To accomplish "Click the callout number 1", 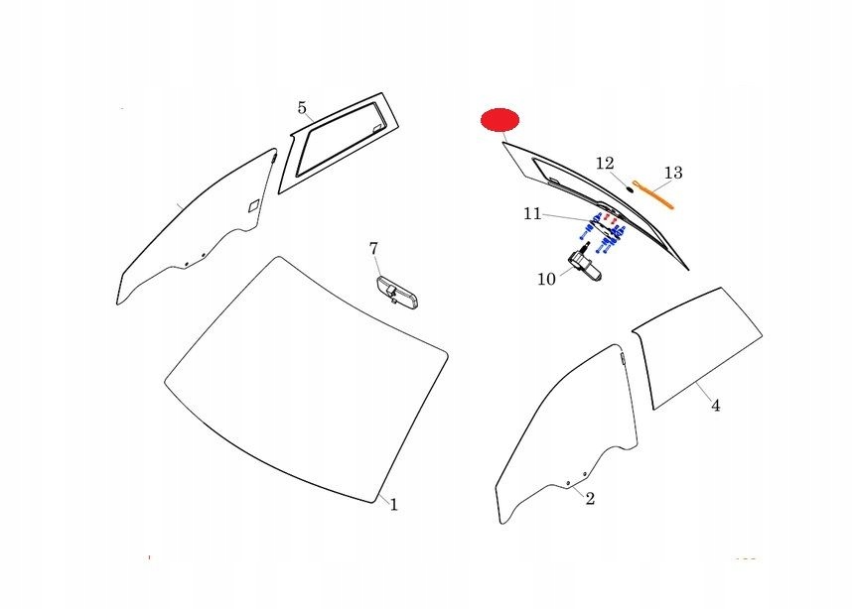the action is [x=394, y=505].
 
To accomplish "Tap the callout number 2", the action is [x=590, y=498].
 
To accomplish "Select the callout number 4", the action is [x=716, y=406].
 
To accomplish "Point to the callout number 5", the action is [x=302, y=107].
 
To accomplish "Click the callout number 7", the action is [x=373, y=248].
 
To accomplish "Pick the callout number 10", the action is [x=547, y=280].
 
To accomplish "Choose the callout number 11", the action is [x=532, y=214].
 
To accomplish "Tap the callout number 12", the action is [x=605, y=163].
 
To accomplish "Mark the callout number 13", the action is [x=673, y=173].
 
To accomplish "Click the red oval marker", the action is [x=499, y=120].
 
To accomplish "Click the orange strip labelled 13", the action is [x=653, y=194].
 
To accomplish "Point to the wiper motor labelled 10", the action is [x=585, y=264].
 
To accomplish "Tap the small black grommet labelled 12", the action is [x=630, y=189].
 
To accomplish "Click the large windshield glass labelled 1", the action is [x=306, y=380].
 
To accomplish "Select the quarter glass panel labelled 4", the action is [x=697, y=348].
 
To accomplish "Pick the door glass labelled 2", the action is [x=566, y=433].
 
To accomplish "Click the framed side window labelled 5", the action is [x=339, y=143].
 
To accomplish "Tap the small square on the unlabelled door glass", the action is [x=254, y=206].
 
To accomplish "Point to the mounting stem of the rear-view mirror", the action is [x=392, y=297].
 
